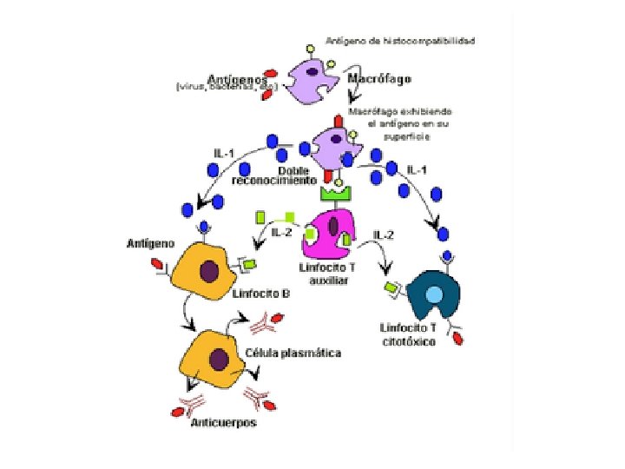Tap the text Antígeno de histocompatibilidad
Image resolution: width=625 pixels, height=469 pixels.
[x=400, y=40]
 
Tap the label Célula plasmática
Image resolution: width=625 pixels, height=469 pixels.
[x=293, y=353]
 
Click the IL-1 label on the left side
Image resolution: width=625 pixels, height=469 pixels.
[x=224, y=154]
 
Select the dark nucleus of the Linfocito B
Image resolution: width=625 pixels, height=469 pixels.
[x=209, y=271]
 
